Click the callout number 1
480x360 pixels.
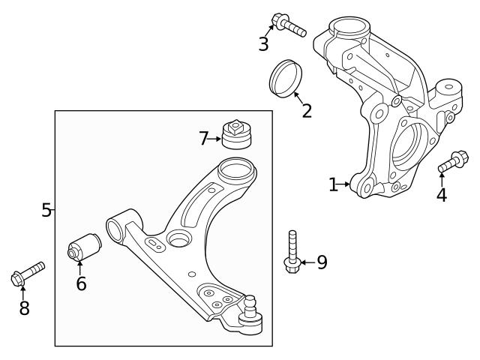[x=334, y=184]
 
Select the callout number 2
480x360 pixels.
[x=307, y=111]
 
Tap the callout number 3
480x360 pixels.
[x=263, y=44]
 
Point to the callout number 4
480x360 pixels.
[x=442, y=195]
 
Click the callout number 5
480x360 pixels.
[x=46, y=210]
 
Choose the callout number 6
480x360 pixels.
[x=81, y=283]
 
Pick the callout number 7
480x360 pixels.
[x=203, y=138]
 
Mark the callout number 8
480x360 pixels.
[x=24, y=307]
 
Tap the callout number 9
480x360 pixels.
[x=322, y=262]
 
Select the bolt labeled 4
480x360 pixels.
[x=452, y=161]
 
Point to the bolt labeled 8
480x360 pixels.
[x=28, y=273]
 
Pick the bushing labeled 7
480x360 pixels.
[x=237, y=133]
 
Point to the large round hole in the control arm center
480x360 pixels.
[x=178, y=240]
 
